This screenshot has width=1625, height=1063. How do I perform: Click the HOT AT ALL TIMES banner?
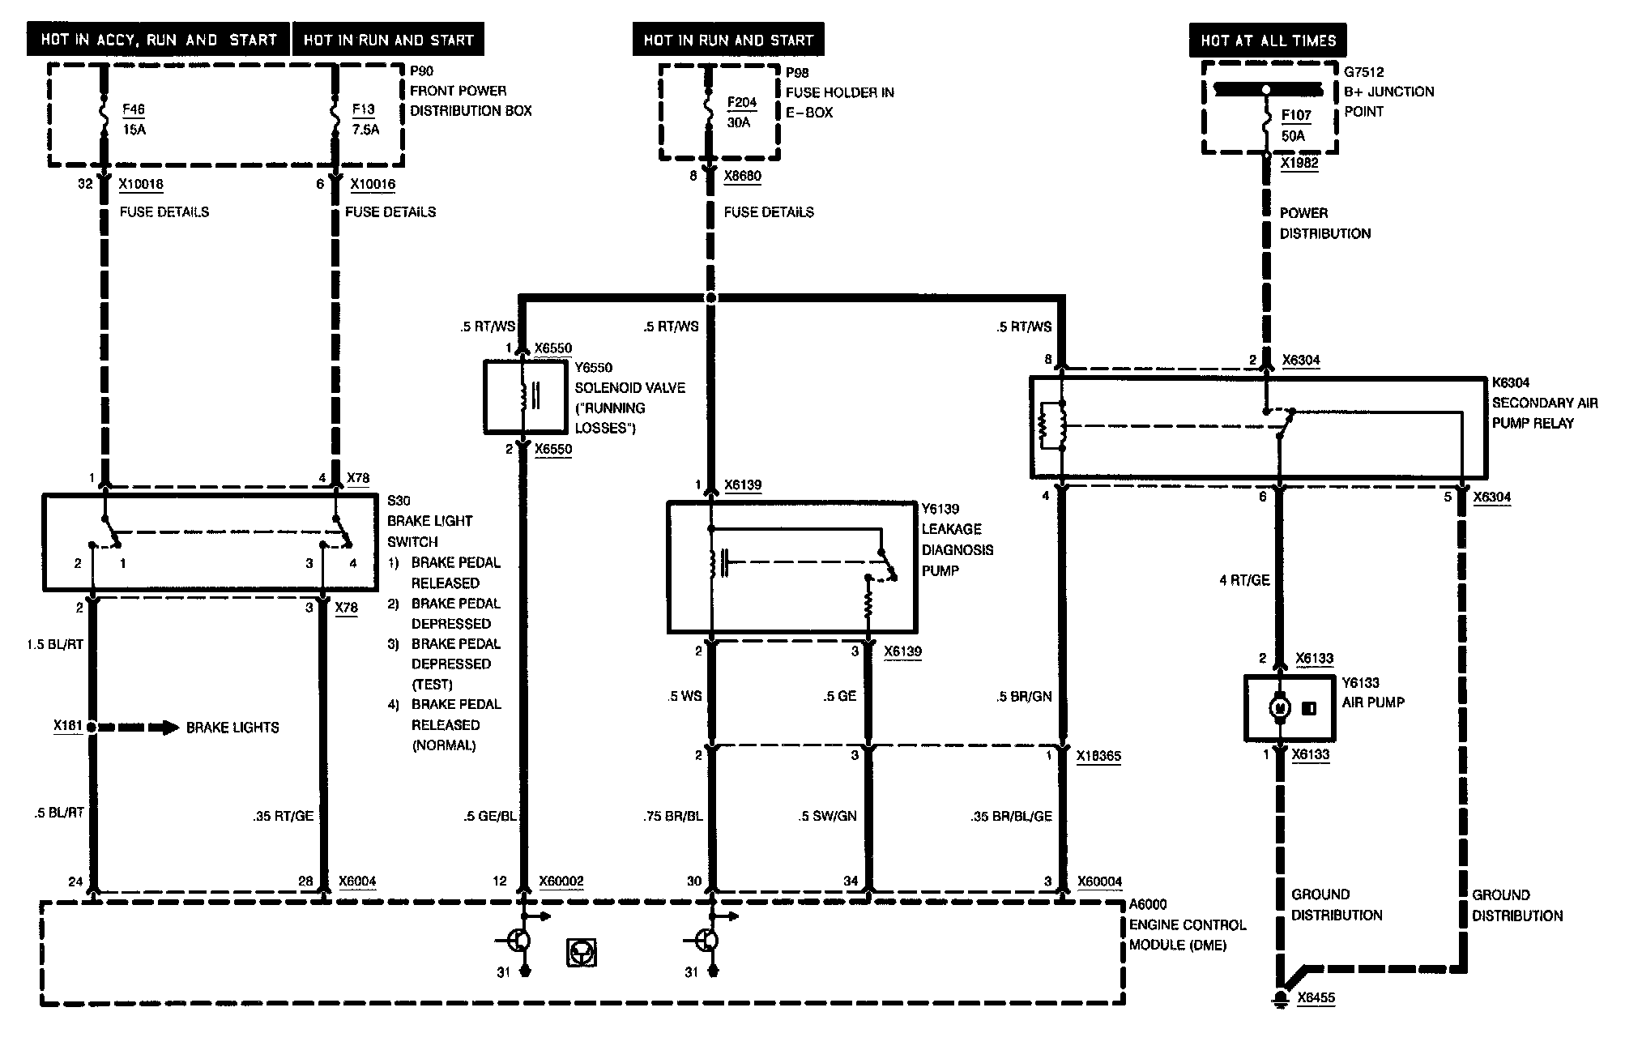coord(1268,40)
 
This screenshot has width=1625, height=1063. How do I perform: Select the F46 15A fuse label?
coord(134,118)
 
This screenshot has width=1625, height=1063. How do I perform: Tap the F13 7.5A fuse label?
coord(365,118)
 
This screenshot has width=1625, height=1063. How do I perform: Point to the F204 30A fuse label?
coord(741,113)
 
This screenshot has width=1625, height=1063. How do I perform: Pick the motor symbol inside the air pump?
coord(1281,708)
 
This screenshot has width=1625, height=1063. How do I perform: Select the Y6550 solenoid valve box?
coord(526,397)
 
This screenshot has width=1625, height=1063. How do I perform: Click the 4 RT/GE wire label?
coord(1244,580)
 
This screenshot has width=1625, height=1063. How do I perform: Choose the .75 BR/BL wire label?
coord(672,816)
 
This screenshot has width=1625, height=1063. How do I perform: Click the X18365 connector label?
coord(1098,756)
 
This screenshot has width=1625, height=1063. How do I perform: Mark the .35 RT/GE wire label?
coord(283,816)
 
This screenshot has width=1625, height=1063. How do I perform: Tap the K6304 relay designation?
coord(1511,382)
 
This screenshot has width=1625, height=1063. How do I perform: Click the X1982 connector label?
coord(1299,163)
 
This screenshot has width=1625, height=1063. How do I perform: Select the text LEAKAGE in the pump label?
coord(951,529)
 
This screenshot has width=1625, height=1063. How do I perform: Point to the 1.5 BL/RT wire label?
coord(54,644)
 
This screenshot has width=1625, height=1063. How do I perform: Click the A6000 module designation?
coord(1149,904)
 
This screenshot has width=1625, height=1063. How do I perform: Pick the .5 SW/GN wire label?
coord(827,816)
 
